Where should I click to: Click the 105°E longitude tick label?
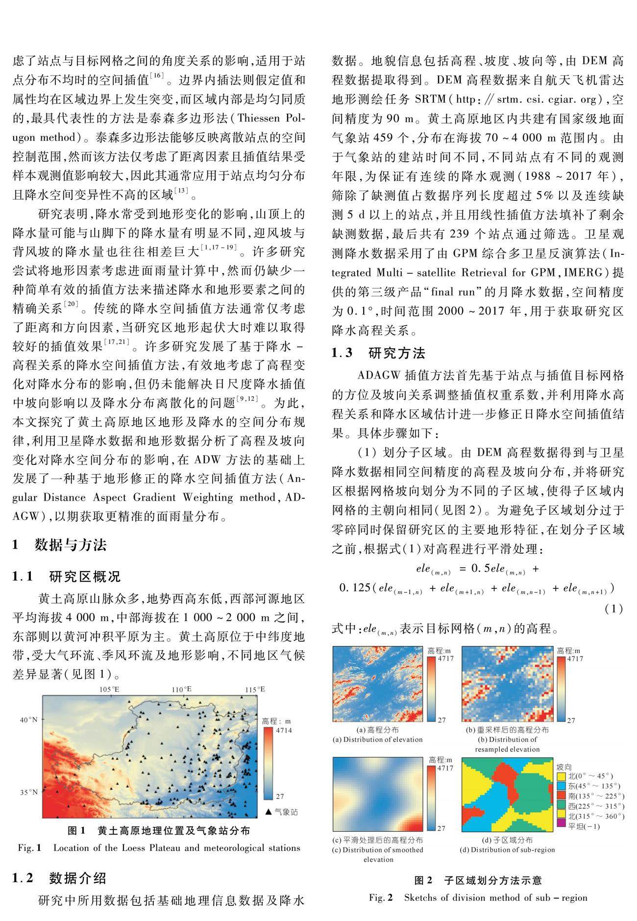point(110,689)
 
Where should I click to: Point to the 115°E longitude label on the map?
point(255,689)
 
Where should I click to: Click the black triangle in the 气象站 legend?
point(268,812)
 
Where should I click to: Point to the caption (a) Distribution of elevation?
point(377,739)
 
